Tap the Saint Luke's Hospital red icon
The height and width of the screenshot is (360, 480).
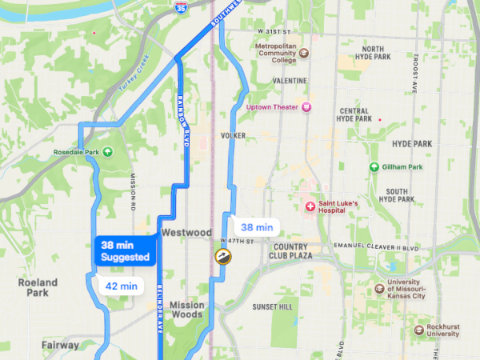(x=310, y=206)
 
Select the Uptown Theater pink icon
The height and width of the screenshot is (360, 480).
(x=306, y=107)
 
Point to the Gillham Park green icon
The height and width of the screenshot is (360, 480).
(x=374, y=166)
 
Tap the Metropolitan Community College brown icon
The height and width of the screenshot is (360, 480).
(x=304, y=54)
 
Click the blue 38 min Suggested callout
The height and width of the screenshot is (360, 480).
(x=125, y=251)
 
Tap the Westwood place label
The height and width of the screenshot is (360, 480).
(x=186, y=232)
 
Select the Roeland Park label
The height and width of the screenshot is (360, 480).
(x=38, y=288)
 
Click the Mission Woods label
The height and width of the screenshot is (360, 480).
(x=186, y=310)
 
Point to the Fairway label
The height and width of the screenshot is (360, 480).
(x=61, y=346)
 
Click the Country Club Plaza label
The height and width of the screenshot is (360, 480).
(x=297, y=251)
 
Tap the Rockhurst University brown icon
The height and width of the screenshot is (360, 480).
(x=419, y=330)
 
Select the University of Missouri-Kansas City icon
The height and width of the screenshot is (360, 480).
(x=381, y=288)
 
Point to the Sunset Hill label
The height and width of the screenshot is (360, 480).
(x=273, y=306)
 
